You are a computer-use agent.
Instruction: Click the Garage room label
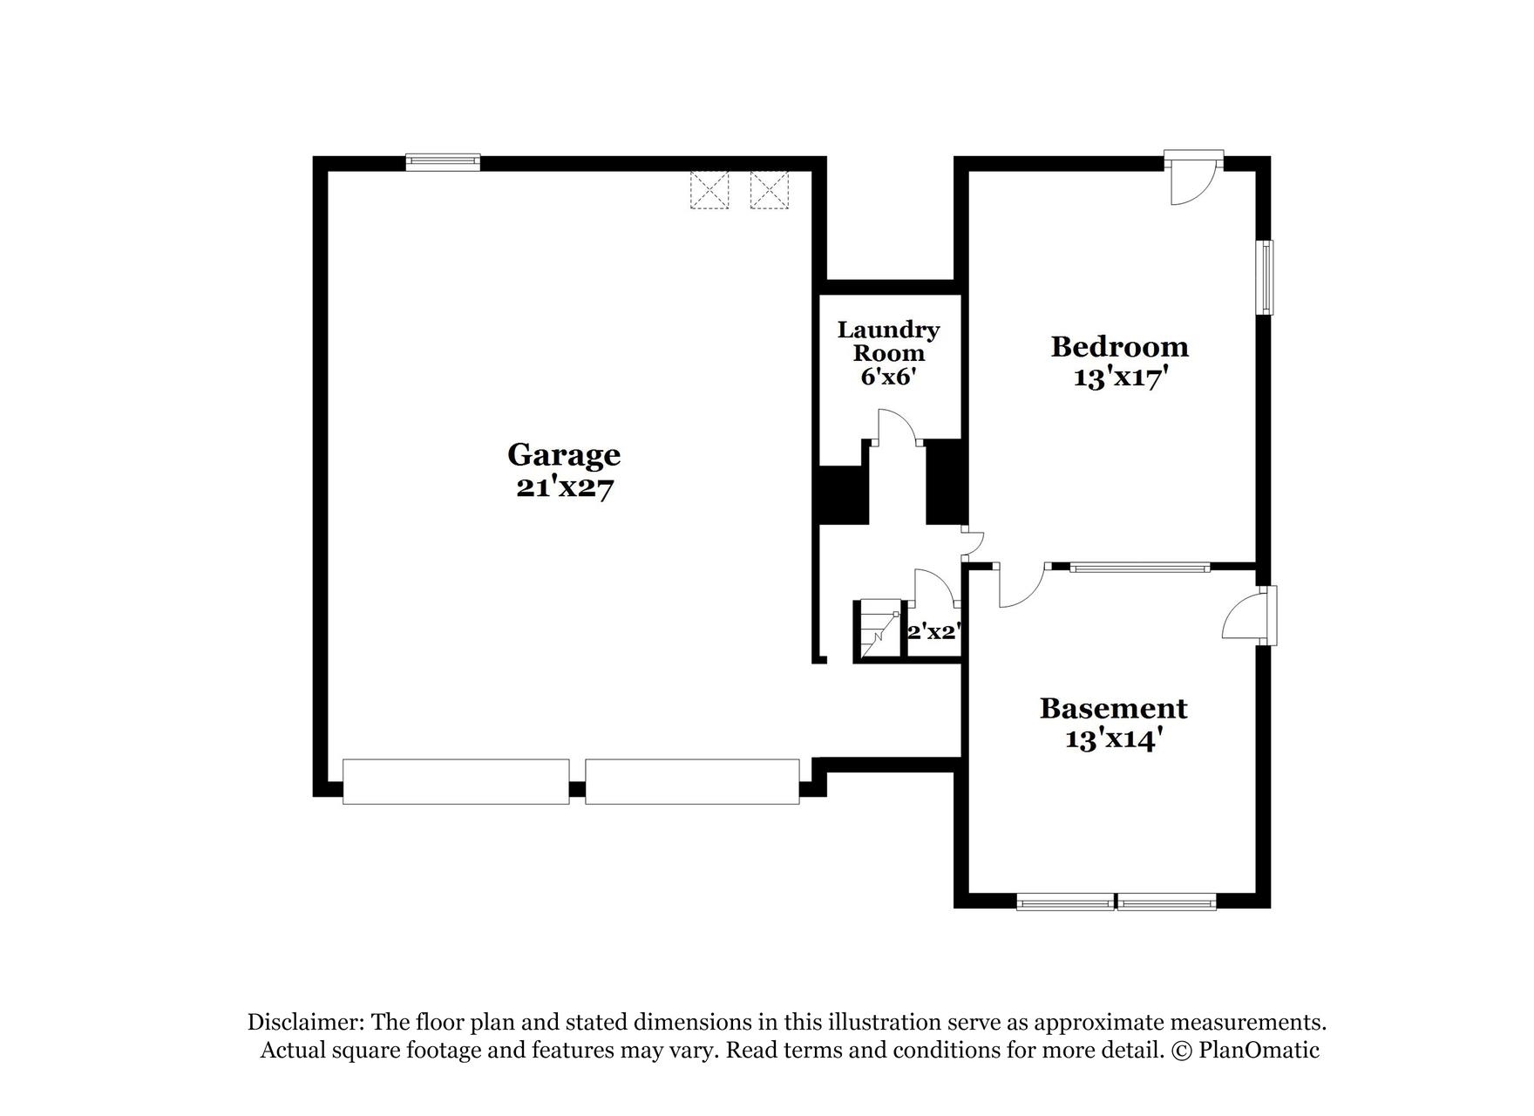(x=564, y=454)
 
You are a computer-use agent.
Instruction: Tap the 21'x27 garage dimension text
(x=564, y=487)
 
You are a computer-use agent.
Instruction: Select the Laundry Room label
(x=888, y=341)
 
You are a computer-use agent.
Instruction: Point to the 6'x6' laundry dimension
(x=888, y=377)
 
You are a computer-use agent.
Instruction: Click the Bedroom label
(x=1119, y=346)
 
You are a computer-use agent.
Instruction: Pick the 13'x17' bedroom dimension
(x=1119, y=378)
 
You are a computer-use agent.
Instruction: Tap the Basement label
(x=1113, y=707)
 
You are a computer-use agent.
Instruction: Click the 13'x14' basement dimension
(x=1113, y=739)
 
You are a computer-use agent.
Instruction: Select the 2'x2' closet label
(x=933, y=632)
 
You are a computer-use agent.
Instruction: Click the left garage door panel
(x=456, y=781)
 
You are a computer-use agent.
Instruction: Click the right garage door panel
(x=692, y=781)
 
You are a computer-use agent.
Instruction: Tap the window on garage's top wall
(x=443, y=161)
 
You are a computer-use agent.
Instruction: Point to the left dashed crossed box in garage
(x=709, y=190)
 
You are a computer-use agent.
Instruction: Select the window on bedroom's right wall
(x=1264, y=277)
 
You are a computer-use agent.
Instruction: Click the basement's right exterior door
(x=1248, y=616)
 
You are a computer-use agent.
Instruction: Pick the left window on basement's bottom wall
(x=1065, y=902)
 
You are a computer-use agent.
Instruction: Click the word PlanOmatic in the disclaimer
(x=1259, y=1050)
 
